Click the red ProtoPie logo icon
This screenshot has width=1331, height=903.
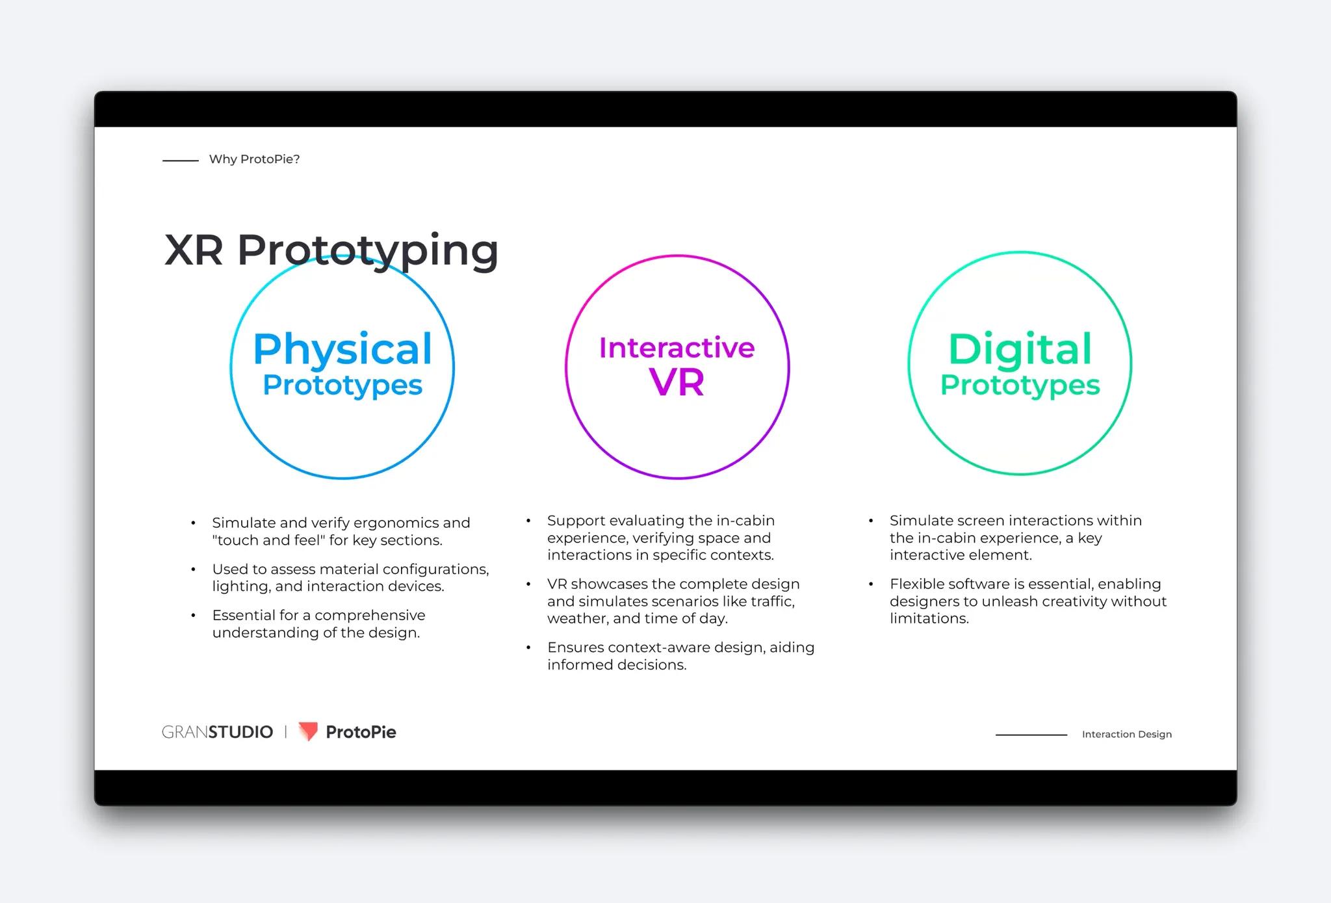(307, 731)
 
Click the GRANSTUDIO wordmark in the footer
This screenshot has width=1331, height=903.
(217, 732)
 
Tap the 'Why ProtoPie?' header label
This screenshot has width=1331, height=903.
(254, 159)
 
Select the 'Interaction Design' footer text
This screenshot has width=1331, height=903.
(1126, 734)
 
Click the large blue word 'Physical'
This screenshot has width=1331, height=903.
(342, 349)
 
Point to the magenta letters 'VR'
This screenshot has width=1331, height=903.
(677, 382)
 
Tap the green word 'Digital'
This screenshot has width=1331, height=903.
(1020, 349)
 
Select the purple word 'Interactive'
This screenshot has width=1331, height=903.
(677, 348)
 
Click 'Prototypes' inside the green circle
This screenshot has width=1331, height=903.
(1020, 385)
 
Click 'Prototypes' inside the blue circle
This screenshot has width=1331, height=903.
(342, 385)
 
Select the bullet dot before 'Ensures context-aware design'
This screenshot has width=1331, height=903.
(528, 648)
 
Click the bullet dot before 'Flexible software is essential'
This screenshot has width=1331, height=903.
(871, 584)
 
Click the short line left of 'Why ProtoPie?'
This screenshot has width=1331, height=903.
(180, 160)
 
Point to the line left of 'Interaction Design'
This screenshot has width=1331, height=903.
(1031, 735)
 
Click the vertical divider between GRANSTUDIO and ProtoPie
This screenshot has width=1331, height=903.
(285, 732)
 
